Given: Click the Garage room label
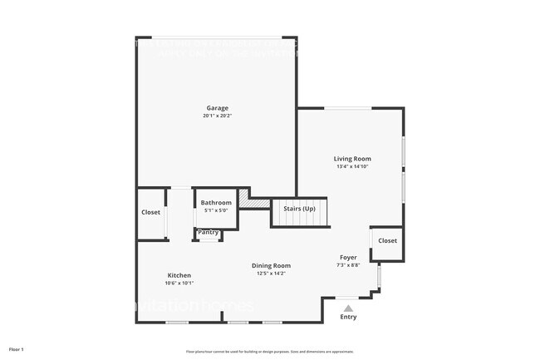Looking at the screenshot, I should click(217, 108).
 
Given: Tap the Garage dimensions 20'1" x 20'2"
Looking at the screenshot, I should click(217, 116).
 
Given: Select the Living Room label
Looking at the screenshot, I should click(352, 159).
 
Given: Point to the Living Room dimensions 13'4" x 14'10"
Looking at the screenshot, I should click(352, 167).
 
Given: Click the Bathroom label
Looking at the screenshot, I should click(216, 203).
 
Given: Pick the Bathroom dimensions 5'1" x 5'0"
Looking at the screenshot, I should click(216, 211).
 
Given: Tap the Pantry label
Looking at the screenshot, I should click(209, 233).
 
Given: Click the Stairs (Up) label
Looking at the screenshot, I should click(300, 208).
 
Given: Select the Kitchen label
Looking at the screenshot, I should click(179, 275).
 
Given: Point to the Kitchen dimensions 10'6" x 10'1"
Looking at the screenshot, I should click(179, 284).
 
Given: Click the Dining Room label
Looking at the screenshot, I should click(272, 266).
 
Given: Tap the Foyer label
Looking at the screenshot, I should click(348, 258).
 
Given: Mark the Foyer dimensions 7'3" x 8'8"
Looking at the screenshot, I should click(348, 266).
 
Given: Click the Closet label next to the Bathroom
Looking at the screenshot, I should click(150, 213).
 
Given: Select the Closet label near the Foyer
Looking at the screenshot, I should click(387, 241).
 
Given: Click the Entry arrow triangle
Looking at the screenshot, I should click(348, 308).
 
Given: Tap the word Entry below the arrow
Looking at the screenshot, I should click(348, 317).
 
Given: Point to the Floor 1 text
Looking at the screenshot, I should click(17, 349).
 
